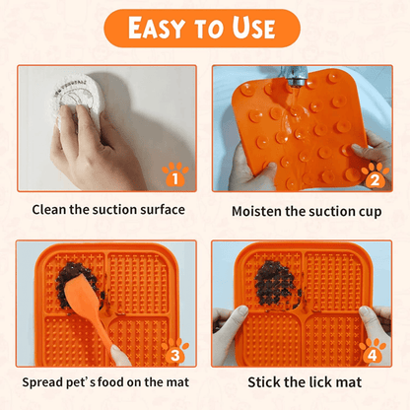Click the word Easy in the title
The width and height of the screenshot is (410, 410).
tap(157, 28)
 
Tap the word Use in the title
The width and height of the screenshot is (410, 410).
tap(253, 28)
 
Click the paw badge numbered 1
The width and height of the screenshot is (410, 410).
tap(175, 174)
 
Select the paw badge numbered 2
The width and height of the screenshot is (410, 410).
tap(376, 175)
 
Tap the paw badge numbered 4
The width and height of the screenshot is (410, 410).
tap(373, 351)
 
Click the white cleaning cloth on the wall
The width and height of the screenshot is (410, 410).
tap(76, 99)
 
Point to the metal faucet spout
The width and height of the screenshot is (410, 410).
tap(295, 76)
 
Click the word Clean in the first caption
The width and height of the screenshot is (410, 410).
tap(49, 210)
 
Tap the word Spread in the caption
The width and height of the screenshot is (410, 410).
tap(42, 382)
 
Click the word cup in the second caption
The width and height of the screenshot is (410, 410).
tap(371, 212)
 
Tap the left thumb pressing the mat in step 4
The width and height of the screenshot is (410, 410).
tap(236, 316)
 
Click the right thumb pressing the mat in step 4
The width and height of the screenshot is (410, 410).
tap(368, 316)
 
